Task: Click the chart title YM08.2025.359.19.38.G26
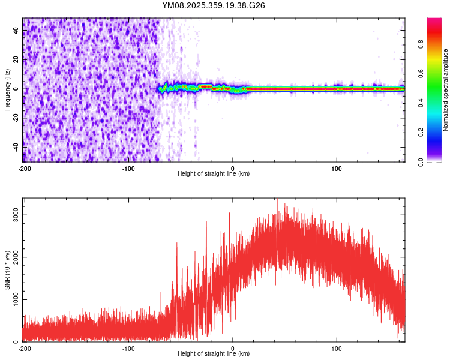(x=214, y=5)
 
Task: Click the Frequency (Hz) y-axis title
(x=7, y=90)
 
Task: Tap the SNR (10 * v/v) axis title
(x=7, y=270)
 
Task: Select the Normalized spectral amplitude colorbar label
(x=446, y=90)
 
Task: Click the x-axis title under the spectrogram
(x=214, y=173)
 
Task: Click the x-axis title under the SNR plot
(x=214, y=353)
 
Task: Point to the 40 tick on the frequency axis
(x=16, y=32)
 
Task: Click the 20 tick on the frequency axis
(x=16, y=61)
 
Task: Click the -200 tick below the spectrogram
(x=25, y=168)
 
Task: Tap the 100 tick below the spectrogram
(x=337, y=168)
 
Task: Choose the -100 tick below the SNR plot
(x=128, y=348)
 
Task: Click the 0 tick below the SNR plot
(x=233, y=348)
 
